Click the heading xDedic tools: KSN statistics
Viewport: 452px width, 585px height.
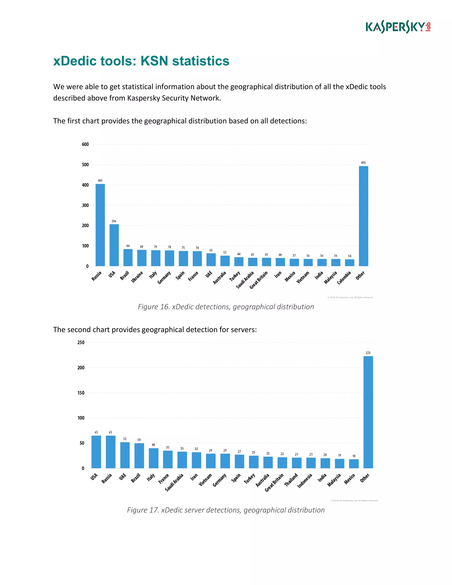coord(141,61)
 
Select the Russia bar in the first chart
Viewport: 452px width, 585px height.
coord(100,225)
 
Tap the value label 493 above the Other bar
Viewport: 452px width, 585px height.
coord(363,163)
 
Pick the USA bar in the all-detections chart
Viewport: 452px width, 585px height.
coord(114,245)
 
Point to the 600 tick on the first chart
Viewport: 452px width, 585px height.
coord(85,144)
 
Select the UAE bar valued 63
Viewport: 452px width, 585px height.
coord(211,259)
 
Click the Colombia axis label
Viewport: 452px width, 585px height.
coord(344,278)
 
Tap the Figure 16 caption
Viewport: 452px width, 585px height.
coord(226,307)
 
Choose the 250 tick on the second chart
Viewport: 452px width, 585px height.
coord(81,342)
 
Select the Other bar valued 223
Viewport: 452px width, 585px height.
coord(368,412)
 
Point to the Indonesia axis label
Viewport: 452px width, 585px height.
coord(305,481)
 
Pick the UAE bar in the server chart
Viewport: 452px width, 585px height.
coord(125,455)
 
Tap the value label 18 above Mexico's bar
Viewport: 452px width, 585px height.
coord(354,456)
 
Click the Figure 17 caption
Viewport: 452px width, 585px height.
coord(226,510)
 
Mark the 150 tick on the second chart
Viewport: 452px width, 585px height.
coord(81,393)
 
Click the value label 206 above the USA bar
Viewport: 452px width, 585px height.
coord(114,221)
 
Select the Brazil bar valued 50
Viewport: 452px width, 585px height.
coord(139,456)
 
